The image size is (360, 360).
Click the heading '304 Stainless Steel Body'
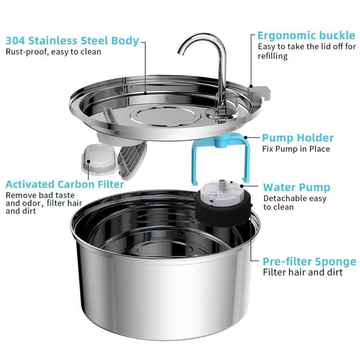72,40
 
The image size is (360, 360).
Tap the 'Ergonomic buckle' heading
306,36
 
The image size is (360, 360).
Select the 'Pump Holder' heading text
297,137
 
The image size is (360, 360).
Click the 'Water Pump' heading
297,187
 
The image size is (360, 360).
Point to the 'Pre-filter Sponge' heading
309,262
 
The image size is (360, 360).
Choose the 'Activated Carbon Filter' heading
65,184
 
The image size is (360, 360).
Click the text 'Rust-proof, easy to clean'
53,52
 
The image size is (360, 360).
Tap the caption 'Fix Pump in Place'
296,149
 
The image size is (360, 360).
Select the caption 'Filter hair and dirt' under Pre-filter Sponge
303,272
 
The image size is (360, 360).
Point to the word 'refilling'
272,56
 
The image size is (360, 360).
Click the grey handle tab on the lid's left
110,115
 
